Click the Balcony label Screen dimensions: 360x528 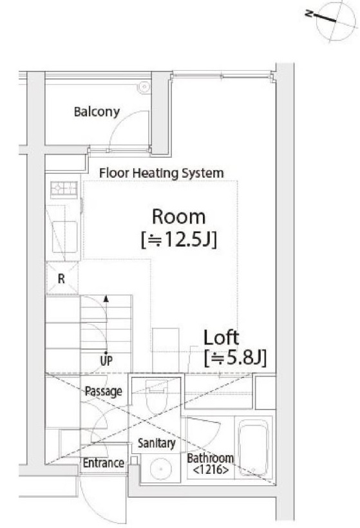(97, 112)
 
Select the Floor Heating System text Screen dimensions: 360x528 (161, 173)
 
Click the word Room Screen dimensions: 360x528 (178, 216)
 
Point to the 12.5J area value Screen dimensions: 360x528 (178, 240)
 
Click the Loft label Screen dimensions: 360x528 (222, 337)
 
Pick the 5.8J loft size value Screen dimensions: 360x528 (235, 358)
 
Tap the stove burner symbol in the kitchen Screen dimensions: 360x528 (64, 189)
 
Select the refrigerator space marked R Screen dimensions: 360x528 (62, 278)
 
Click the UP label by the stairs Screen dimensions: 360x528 (106, 361)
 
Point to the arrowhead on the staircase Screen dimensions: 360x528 (106, 298)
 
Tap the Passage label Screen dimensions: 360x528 (104, 391)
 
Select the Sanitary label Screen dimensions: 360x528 (156, 443)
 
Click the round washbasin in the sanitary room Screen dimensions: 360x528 (161, 469)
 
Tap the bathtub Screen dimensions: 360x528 (253, 450)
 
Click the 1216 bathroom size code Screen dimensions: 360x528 (211, 469)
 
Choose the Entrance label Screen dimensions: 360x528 (104, 463)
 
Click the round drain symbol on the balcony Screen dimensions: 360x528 (144, 87)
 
